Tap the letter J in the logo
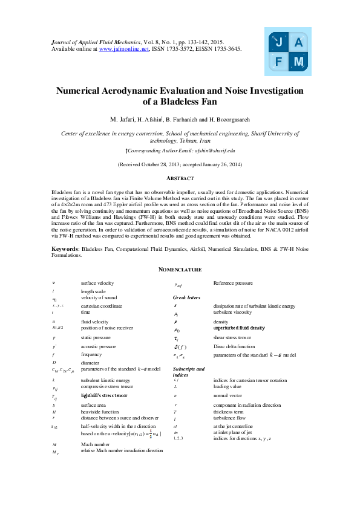tap(278, 42)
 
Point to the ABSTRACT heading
tap(180, 178)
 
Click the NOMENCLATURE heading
tap(180, 269)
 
